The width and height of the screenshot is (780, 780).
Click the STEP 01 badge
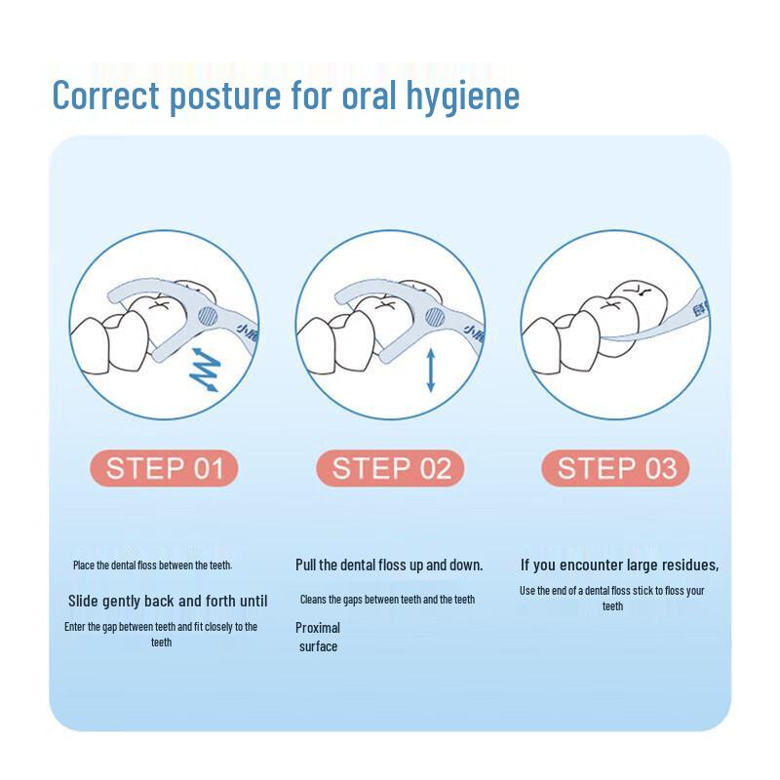(x=164, y=468)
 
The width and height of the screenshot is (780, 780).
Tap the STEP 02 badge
(x=390, y=468)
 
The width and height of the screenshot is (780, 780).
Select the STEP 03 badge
(x=616, y=468)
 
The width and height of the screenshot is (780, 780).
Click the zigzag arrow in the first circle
(x=205, y=370)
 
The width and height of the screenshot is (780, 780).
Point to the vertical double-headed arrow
(x=431, y=370)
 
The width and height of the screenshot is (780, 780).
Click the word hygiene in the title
(x=463, y=96)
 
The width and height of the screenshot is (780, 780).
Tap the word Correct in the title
(x=106, y=95)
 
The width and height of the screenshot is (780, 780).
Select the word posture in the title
(x=225, y=97)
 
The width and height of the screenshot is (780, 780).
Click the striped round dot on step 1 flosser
(x=208, y=316)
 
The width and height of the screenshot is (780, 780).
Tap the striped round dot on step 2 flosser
(x=435, y=317)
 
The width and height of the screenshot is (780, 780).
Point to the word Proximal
(x=318, y=628)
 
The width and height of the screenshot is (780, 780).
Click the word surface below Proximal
(x=319, y=646)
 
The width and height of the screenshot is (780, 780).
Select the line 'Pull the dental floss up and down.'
(x=389, y=565)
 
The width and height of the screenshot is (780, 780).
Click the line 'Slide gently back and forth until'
(x=168, y=602)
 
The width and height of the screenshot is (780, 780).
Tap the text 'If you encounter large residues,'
(x=619, y=565)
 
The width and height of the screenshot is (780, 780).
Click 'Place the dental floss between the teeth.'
(x=153, y=565)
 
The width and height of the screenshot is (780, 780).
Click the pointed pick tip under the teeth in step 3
(x=604, y=338)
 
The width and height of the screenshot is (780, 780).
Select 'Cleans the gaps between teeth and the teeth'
(x=387, y=600)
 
